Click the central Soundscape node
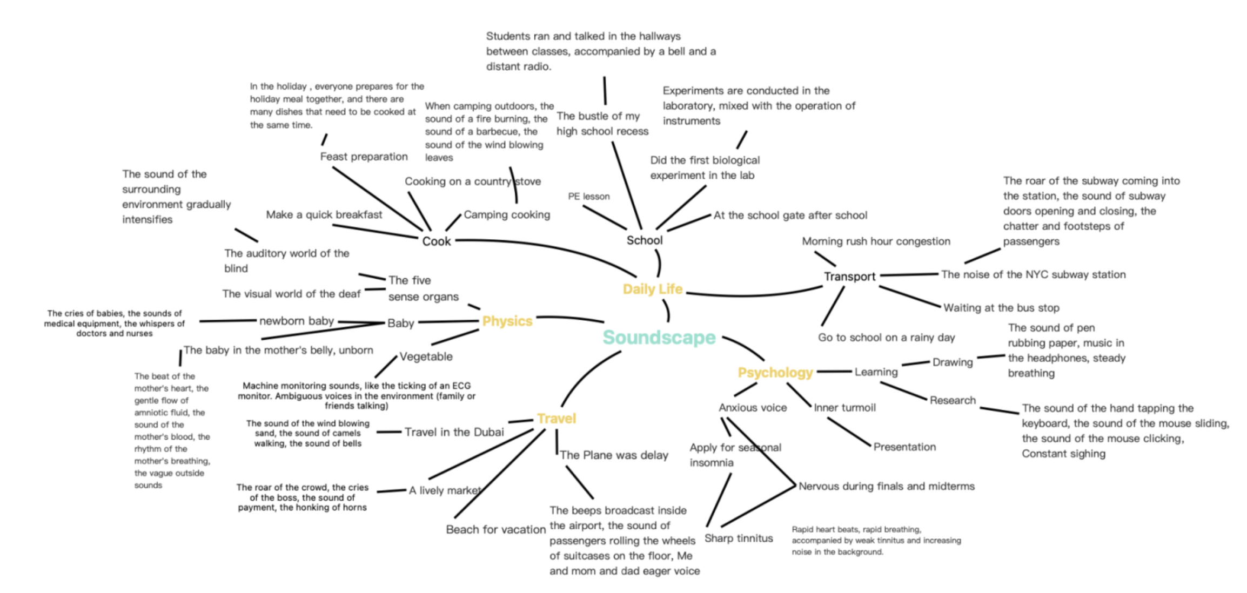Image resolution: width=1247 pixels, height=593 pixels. pos(659,338)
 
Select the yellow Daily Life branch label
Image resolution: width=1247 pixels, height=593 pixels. pos(652,289)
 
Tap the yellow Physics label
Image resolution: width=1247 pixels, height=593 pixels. pos(507,321)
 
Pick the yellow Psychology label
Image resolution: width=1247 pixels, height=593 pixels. pos(775,372)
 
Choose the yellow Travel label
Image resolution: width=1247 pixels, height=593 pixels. pos(556,419)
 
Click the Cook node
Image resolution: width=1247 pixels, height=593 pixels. pos(436,241)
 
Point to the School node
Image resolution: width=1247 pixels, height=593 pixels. pos(644,240)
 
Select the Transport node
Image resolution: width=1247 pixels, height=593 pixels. pos(849,277)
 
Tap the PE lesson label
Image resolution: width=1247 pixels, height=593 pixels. pos(588,197)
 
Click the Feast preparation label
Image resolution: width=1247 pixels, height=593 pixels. pos(364,157)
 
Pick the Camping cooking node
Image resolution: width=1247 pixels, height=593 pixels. pos(506,215)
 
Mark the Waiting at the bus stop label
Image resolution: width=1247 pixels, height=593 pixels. pos(1001,308)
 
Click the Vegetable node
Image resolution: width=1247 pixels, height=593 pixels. pos(426,356)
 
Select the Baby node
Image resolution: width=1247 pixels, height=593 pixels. pos(400,323)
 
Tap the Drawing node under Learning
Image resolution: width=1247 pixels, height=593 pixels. pos(952,362)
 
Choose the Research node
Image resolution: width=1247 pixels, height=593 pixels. pos(952,400)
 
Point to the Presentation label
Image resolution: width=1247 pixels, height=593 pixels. pos(904,447)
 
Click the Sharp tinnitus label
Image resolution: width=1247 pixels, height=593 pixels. pos(738,538)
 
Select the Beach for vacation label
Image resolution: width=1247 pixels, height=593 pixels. pos(495,530)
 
